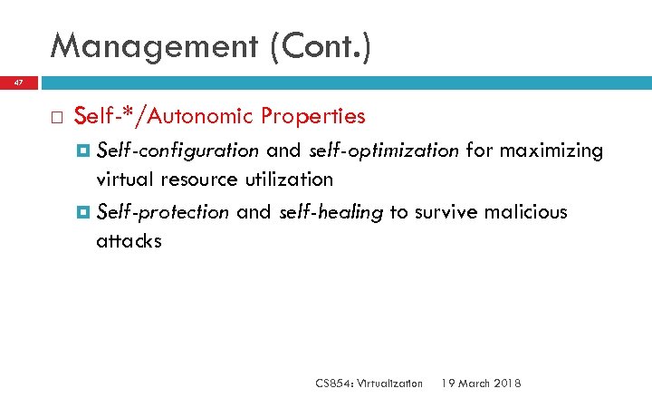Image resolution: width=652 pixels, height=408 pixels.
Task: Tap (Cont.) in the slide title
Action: pyautogui.click(x=321, y=47)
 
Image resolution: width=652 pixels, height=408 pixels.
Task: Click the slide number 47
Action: pyautogui.click(x=19, y=83)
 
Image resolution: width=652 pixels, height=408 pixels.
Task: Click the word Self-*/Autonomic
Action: pyautogui.click(x=165, y=116)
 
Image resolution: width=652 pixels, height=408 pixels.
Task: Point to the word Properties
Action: pyautogui.click(x=312, y=116)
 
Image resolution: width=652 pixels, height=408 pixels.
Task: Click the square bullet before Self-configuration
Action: pyautogui.click(x=84, y=151)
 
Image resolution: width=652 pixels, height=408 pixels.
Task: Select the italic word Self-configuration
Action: pyautogui.click(x=177, y=151)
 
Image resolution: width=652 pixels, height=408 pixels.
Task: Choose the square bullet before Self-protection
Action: pyautogui.click(x=84, y=212)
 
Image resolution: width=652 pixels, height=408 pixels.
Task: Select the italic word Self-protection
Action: pyautogui.click(x=163, y=212)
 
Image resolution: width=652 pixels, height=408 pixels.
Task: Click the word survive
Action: pyautogui.click(x=442, y=212)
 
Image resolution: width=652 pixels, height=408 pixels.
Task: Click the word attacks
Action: pyautogui.click(x=129, y=241)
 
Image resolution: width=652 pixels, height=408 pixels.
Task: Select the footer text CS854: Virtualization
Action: pyautogui.click(x=369, y=384)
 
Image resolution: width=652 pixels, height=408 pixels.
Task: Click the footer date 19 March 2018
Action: pyautogui.click(x=481, y=384)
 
